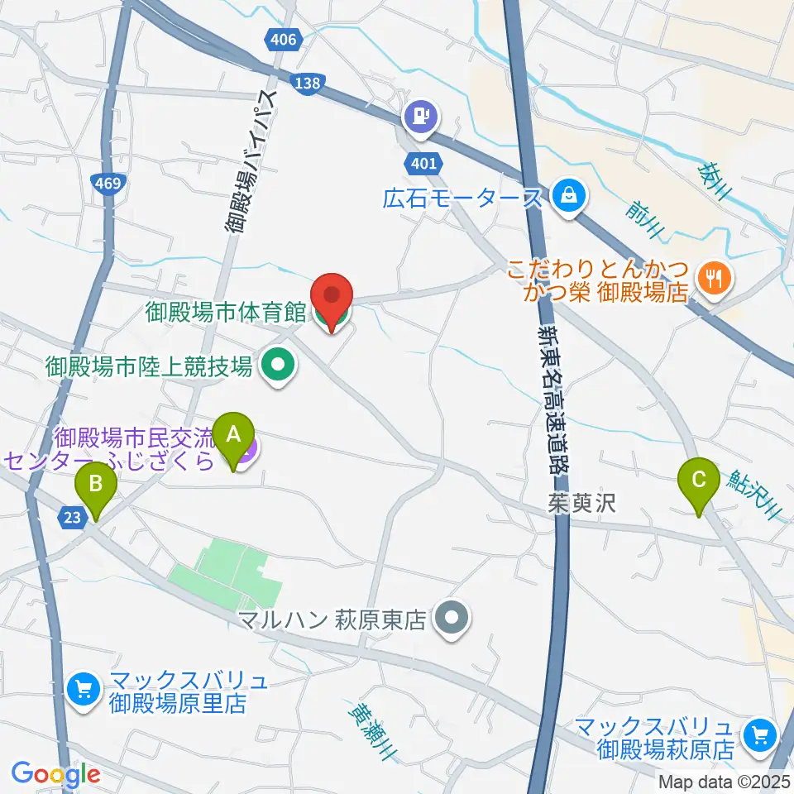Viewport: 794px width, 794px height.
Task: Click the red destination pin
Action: pos(332,300)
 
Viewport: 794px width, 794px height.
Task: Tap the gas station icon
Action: pos(422,115)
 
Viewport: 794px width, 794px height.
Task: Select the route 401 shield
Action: pos(423,163)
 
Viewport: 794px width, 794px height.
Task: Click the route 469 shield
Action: pos(108,184)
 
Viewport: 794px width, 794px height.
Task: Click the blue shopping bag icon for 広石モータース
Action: pos(571,196)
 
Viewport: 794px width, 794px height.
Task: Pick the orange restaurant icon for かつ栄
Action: pos(711,278)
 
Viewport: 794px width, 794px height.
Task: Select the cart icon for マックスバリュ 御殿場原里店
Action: pos(83,687)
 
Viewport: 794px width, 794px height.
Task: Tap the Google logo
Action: pos(55,774)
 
